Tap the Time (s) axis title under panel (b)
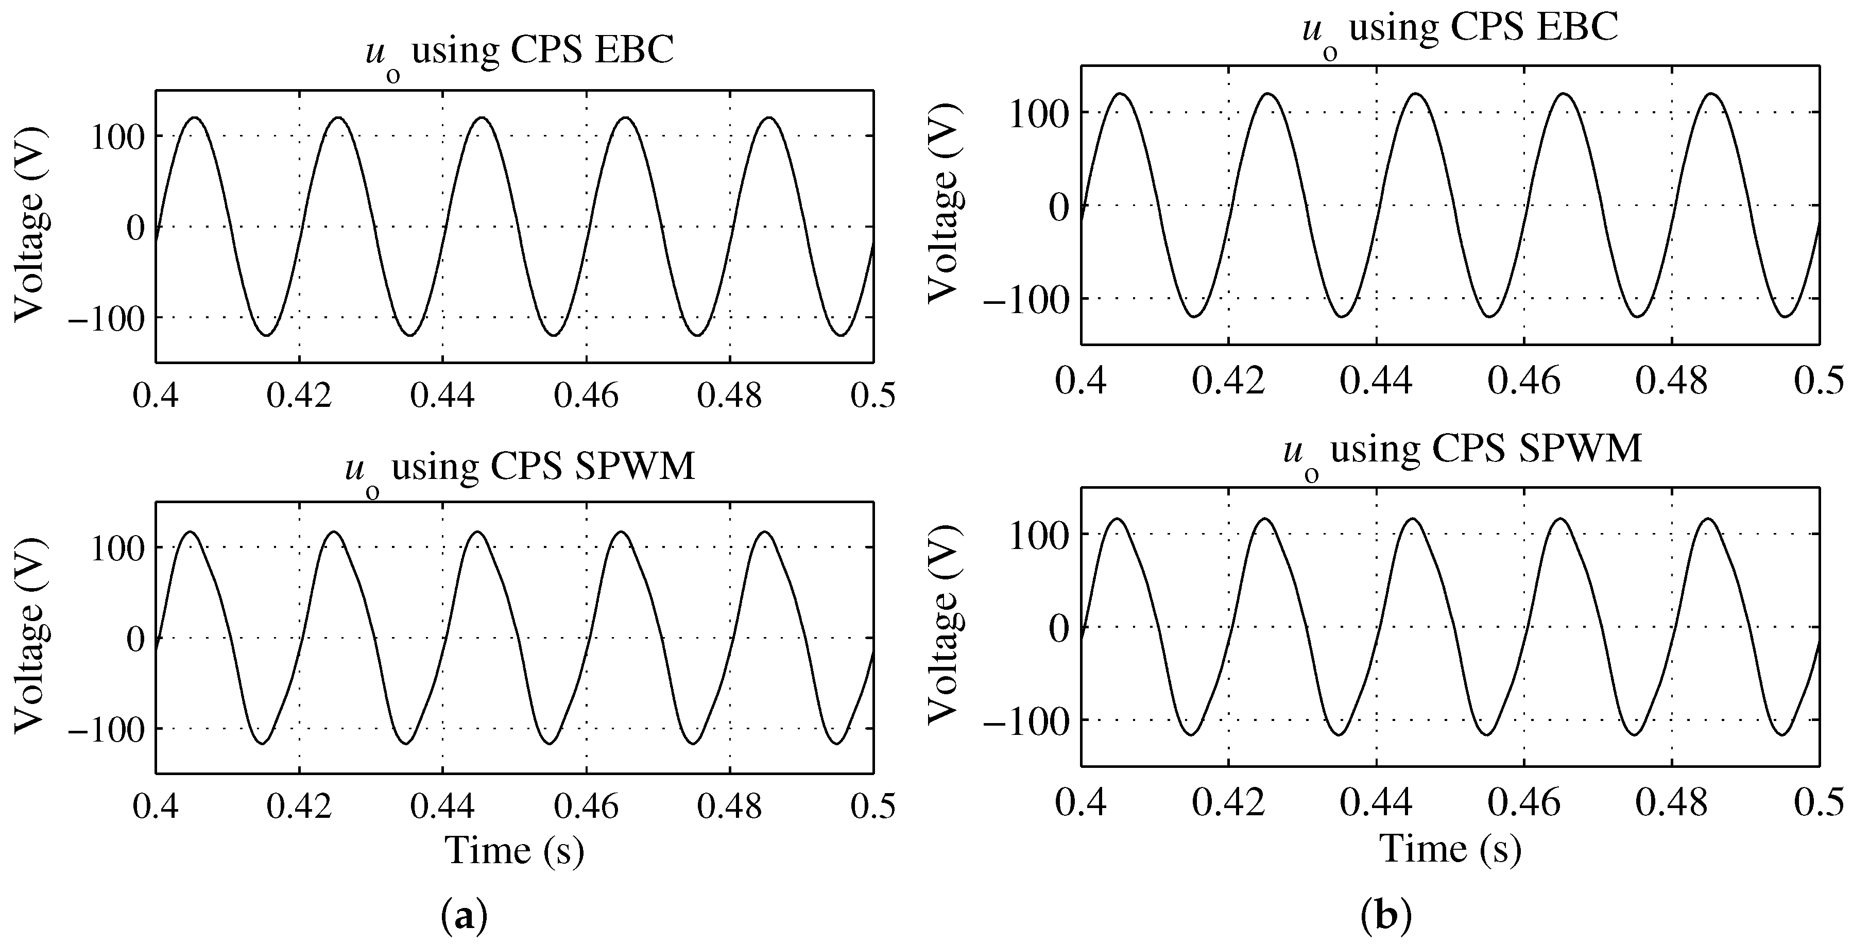point(1450,848)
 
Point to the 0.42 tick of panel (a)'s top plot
point(299,396)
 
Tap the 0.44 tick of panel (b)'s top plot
point(1376,381)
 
